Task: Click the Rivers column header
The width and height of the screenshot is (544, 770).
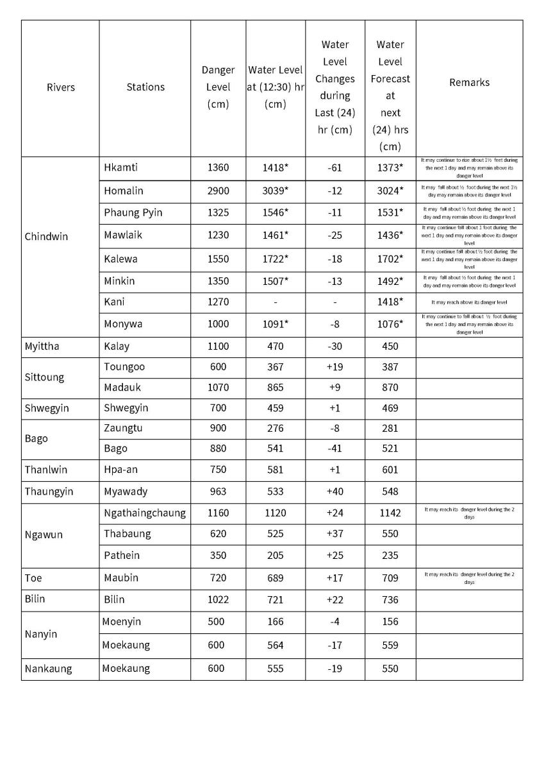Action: click(x=61, y=87)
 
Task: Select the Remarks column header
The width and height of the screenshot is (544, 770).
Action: click(x=469, y=82)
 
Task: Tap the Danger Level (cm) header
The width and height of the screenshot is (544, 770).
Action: click(x=218, y=87)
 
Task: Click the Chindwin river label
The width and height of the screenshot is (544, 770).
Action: click(x=46, y=236)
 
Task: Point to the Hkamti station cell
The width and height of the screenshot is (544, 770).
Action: click(x=121, y=168)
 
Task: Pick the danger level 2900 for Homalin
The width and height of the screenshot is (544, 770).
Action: click(x=218, y=191)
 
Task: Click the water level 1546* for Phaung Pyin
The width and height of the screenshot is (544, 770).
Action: click(x=275, y=212)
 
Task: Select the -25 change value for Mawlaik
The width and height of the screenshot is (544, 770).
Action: click(x=334, y=235)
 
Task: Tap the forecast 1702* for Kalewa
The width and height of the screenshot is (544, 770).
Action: click(x=390, y=259)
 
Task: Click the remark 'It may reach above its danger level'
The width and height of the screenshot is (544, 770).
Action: click(x=469, y=302)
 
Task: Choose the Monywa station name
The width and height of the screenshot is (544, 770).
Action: click(x=123, y=324)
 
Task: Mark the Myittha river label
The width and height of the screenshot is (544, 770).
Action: click(x=42, y=346)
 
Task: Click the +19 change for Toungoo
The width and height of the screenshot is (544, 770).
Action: click(x=334, y=367)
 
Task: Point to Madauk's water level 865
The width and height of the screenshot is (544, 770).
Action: click(x=275, y=388)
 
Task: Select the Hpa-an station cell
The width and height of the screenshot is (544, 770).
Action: click(x=120, y=470)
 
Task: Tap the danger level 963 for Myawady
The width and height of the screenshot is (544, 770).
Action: click(x=218, y=492)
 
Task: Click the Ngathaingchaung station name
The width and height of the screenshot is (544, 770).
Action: click(x=145, y=513)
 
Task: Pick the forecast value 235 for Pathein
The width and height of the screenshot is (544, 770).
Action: click(x=390, y=556)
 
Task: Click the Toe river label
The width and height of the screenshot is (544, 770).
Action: click(x=33, y=578)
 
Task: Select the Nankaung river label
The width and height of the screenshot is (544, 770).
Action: click(x=48, y=669)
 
